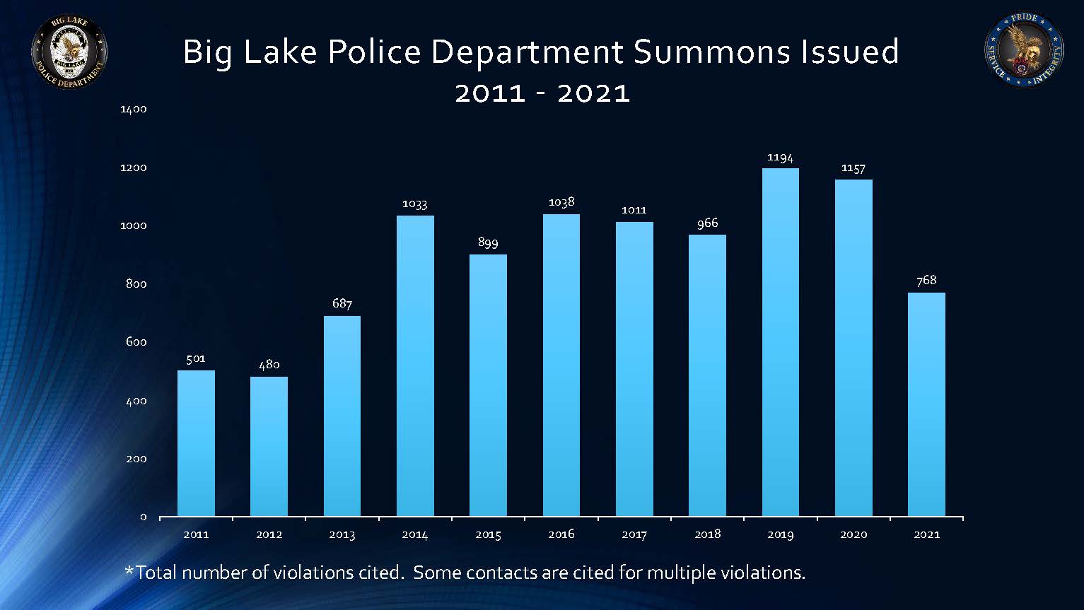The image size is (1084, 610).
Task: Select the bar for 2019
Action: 780,342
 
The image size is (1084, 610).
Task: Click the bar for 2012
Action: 269,446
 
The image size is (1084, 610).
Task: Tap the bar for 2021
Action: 926,404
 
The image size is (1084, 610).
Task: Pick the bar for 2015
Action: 488,385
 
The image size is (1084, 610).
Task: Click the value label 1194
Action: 780,158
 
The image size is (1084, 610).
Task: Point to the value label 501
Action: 196,359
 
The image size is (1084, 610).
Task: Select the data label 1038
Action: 561,203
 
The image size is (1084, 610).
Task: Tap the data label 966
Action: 707,223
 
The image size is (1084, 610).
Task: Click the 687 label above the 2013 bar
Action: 342,304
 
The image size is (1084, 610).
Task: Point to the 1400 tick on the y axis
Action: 134,110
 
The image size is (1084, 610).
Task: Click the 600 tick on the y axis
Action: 136,342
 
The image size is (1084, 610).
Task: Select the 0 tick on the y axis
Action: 143,517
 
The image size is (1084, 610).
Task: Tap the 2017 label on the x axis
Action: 634,535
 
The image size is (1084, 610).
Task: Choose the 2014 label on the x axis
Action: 415,535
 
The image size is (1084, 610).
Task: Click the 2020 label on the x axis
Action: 853,535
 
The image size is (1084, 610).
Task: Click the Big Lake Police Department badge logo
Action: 69,52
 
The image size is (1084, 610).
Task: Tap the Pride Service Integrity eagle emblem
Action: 1023,51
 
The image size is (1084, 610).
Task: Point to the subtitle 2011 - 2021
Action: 542,93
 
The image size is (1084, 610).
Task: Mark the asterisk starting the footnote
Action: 129,570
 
